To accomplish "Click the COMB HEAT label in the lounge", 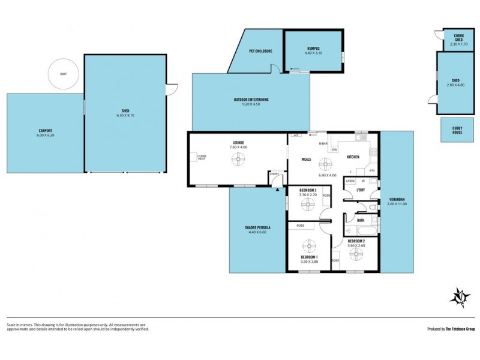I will coord(202,157).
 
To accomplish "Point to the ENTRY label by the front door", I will coord(274,174).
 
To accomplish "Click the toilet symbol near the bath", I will coord(372,208).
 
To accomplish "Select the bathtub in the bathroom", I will coord(361,230).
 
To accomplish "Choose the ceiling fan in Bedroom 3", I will coord(308,205).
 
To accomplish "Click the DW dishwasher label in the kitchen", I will coord(334,149).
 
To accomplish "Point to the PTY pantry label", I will coord(372,171).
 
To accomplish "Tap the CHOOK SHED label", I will coord(454,39).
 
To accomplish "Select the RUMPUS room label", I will coord(313,48).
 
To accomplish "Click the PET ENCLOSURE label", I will coord(260,51).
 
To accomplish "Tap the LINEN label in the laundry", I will coord(350,181).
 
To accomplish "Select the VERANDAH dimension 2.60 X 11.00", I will coord(397,204).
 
